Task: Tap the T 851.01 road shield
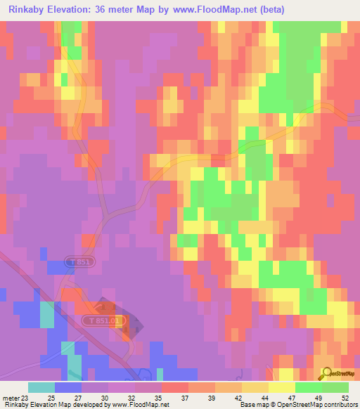point(106,320)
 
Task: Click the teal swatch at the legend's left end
point(41,387)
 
